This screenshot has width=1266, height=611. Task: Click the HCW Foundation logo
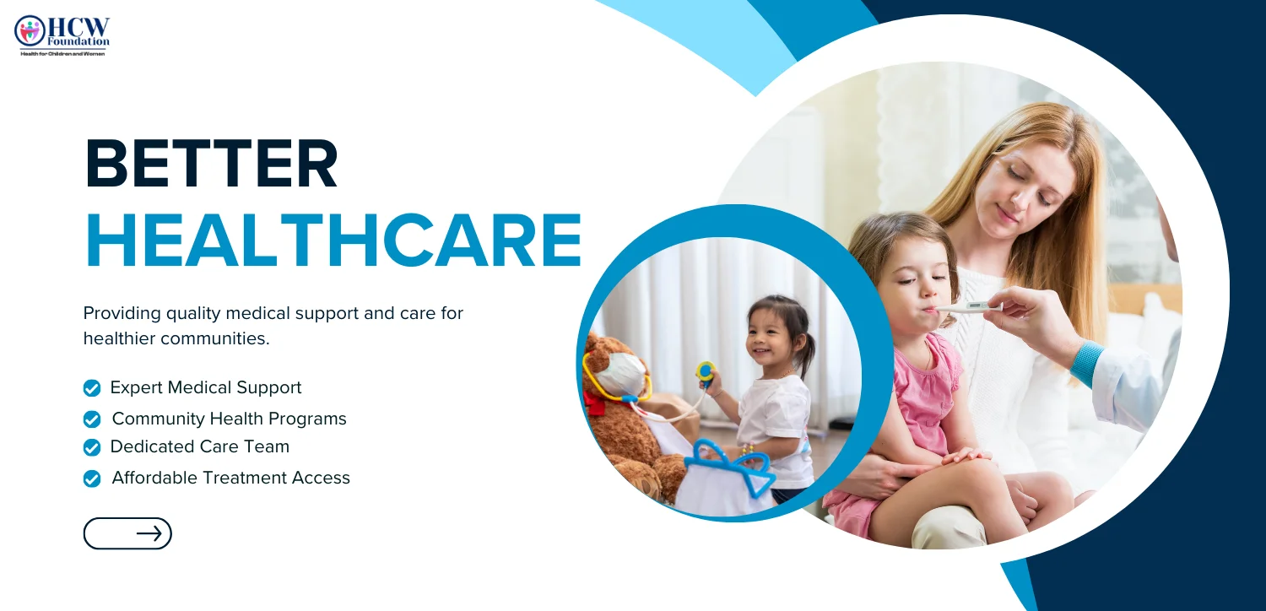coord(62,35)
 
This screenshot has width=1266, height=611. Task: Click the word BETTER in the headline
coord(211,164)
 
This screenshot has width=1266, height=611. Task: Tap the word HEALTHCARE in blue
coord(333,240)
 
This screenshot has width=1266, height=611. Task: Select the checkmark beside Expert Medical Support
coord(92,388)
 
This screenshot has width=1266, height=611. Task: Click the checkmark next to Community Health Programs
coord(92,419)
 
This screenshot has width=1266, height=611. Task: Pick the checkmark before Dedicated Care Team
coord(92,447)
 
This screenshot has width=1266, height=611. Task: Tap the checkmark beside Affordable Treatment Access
coord(92,479)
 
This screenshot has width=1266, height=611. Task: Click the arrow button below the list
coord(127,533)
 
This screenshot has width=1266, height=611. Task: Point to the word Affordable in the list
coord(154,478)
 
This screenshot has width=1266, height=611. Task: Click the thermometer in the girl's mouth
coord(967,307)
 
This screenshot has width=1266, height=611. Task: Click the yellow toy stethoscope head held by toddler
coord(706,370)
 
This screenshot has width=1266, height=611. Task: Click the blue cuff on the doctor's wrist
coord(1087,365)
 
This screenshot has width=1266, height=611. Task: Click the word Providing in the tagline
coord(122,314)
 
